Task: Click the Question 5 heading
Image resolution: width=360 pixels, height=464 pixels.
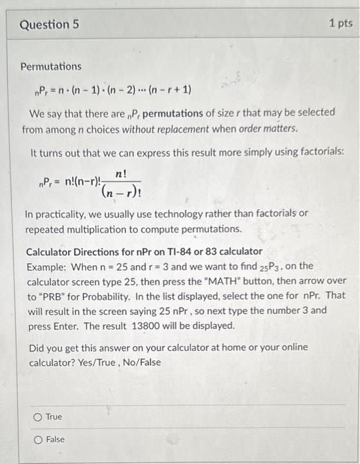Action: point(50,25)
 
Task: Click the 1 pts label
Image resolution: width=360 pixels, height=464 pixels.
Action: point(341,24)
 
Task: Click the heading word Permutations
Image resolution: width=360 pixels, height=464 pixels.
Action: point(51,67)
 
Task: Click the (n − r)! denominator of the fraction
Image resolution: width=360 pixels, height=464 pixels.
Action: point(121,193)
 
